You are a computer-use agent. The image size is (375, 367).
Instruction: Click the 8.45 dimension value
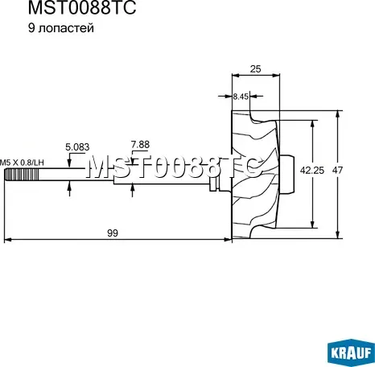pyautogui.click(x=240, y=97)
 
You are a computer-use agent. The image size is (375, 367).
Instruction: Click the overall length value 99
pyautogui.click(x=113, y=233)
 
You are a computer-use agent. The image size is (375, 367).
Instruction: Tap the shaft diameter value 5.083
pyautogui.click(x=77, y=147)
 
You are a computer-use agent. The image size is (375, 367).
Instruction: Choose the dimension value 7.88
pyautogui.click(x=140, y=145)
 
